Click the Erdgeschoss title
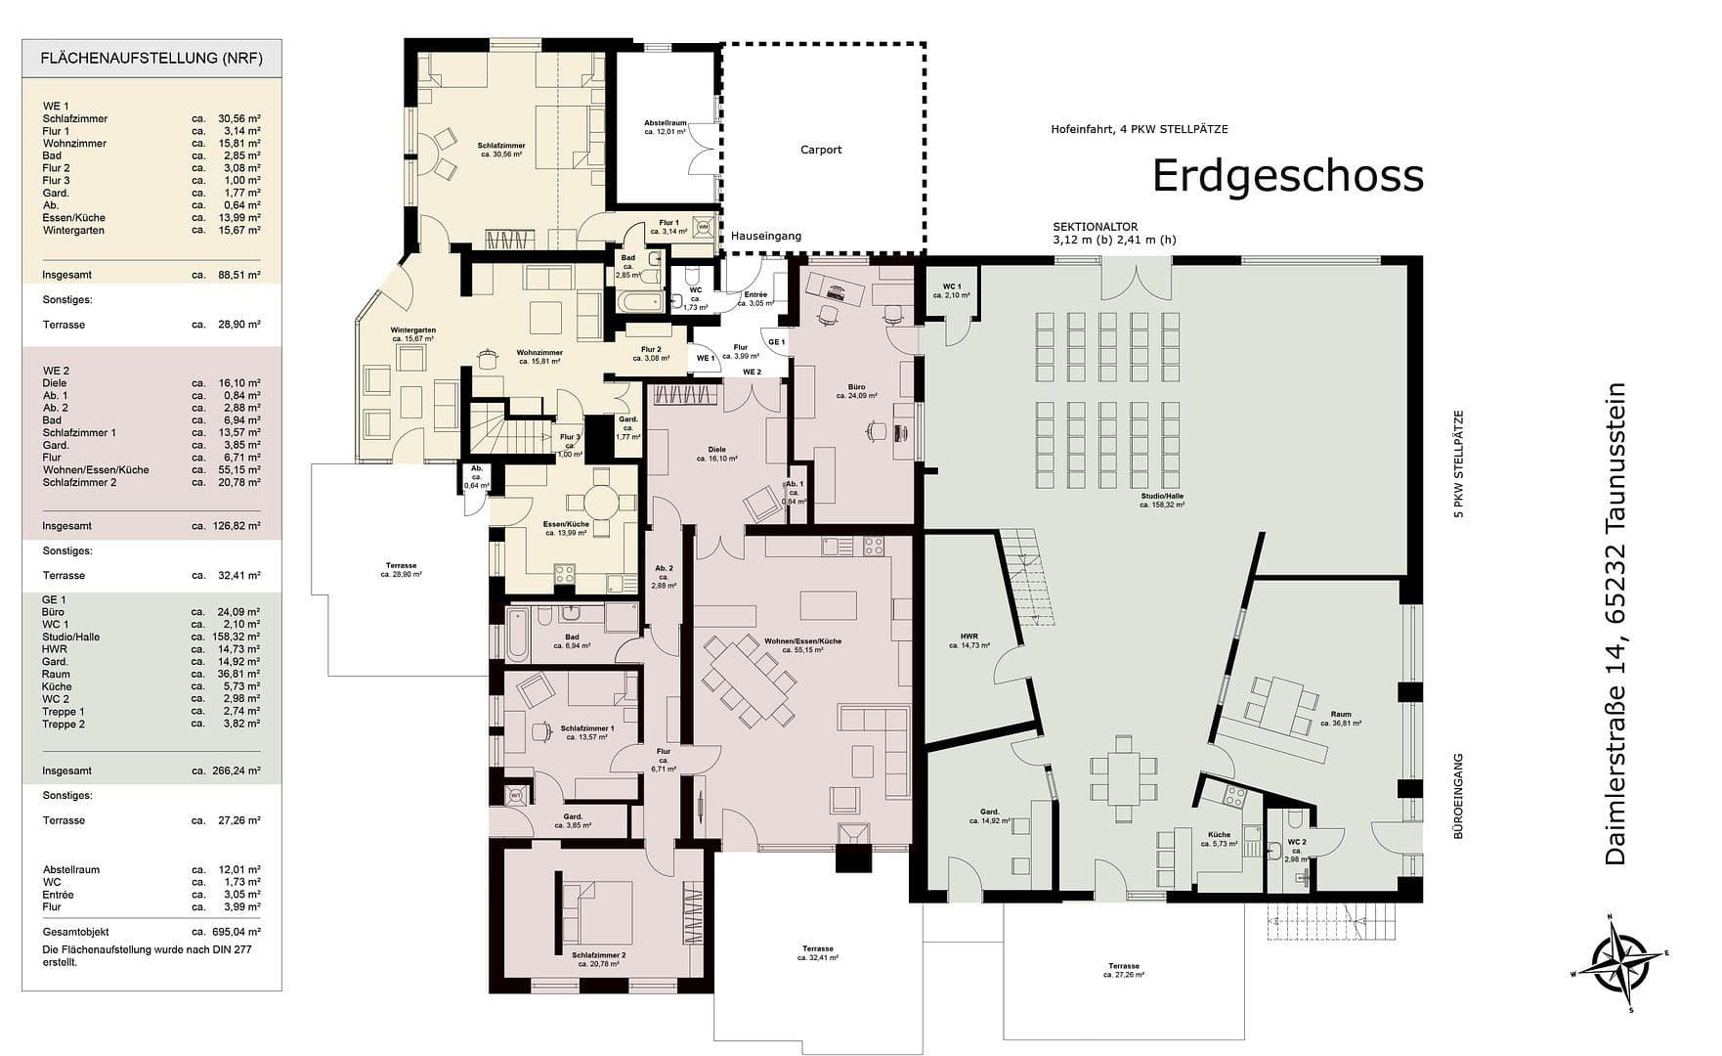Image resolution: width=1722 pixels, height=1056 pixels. coord(1287,176)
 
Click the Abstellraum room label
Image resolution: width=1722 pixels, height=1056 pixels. coord(665,126)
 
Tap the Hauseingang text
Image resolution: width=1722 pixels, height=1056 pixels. coord(765,236)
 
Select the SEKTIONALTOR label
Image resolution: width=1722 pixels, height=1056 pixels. coord(1095,227)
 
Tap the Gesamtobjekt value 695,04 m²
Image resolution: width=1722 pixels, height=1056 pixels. coord(239,932)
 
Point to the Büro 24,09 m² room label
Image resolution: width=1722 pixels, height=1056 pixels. coord(856,391)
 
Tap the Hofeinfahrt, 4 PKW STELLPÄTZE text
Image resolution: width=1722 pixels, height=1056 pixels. coord(1139,129)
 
